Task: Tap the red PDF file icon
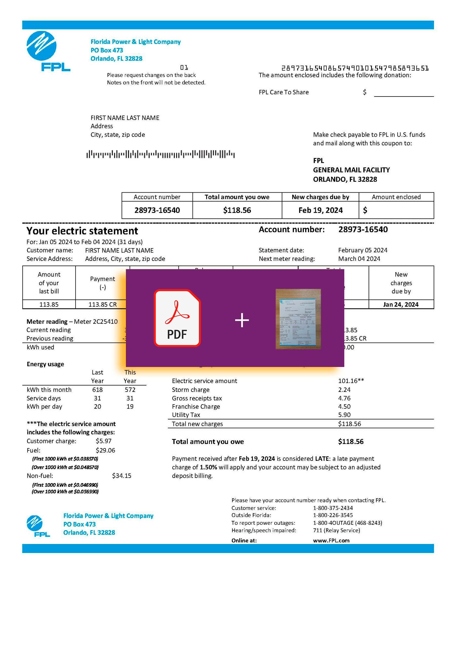177,318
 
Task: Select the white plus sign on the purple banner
242,320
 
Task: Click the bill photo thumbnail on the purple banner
298,319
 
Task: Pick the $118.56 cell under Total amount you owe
237,210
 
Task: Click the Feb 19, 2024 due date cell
320,210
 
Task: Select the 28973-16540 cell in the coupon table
157,210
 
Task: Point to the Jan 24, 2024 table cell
401,305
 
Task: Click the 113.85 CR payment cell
103,305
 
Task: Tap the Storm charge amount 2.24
344,390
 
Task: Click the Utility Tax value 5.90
344,415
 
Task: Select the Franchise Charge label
196,407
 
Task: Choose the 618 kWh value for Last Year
98,390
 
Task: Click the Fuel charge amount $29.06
105,450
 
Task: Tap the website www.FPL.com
331,541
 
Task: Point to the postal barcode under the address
160,154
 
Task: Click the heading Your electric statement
82,231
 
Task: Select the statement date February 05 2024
363,250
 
